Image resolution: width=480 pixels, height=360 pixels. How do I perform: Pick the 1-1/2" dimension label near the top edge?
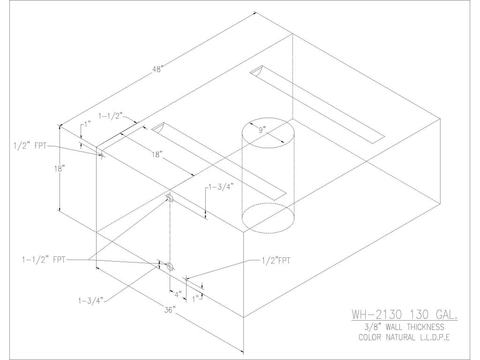pyautogui.click(x=111, y=115)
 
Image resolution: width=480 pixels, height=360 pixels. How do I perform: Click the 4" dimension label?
pyautogui.click(x=178, y=295)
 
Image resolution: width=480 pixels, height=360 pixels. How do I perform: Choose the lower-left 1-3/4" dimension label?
pyautogui.click(x=91, y=300)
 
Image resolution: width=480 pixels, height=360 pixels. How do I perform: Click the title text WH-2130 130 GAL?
pyautogui.click(x=404, y=314)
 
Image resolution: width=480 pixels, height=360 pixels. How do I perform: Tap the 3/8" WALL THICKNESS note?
pyautogui.click(x=404, y=327)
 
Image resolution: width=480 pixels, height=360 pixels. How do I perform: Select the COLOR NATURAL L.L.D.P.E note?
pyautogui.click(x=404, y=337)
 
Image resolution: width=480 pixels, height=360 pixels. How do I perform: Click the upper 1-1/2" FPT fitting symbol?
pyautogui.click(x=170, y=199)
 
